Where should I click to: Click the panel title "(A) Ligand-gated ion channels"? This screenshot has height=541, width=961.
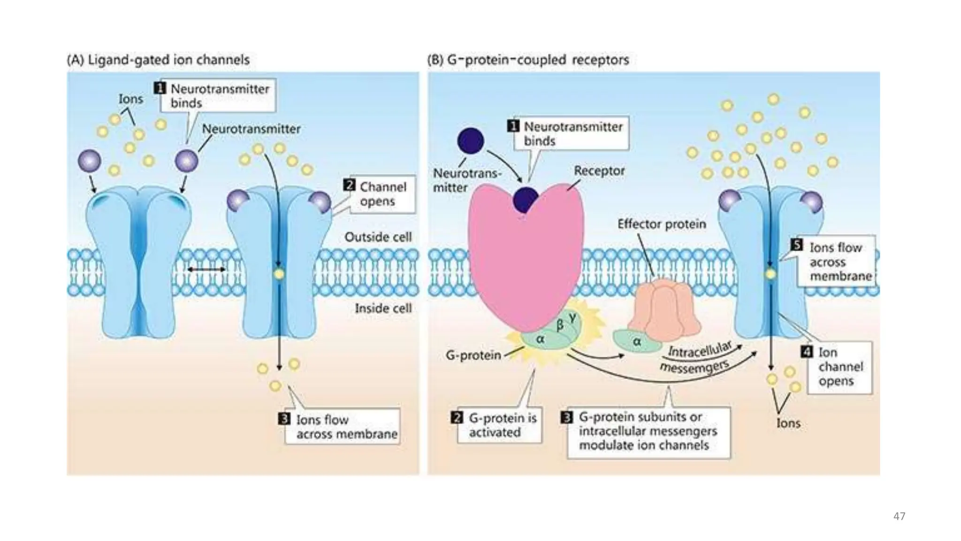[x=158, y=60]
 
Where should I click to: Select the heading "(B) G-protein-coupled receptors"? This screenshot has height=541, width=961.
[x=528, y=60]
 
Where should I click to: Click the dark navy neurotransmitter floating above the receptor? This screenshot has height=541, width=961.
[x=470, y=140]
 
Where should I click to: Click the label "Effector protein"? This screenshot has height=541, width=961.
[x=661, y=224]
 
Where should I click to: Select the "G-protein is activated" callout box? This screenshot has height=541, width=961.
[x=499, y=425]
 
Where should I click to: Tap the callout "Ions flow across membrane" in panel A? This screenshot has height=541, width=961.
[x=343, y=426]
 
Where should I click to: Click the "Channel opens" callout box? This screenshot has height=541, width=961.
[x=382, y=194]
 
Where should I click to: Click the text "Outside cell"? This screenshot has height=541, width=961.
[x=378, y=237]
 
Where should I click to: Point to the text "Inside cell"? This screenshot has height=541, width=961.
[x=383, y=309]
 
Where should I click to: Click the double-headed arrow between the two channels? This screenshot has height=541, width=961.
[x=206, y=270]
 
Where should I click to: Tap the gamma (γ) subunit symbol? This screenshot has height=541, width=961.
[x=572, y=317]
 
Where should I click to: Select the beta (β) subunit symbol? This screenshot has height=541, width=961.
[x=560, y=325]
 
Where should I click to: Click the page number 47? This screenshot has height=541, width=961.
[x=899, y=516]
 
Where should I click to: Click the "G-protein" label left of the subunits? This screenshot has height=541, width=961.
[x=473, y=355]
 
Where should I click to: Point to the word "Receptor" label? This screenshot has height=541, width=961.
[x=599, y=171]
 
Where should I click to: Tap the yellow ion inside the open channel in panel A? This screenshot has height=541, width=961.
[x=279, y=274]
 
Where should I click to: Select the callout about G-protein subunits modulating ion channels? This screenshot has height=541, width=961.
[x=648, y=432]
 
